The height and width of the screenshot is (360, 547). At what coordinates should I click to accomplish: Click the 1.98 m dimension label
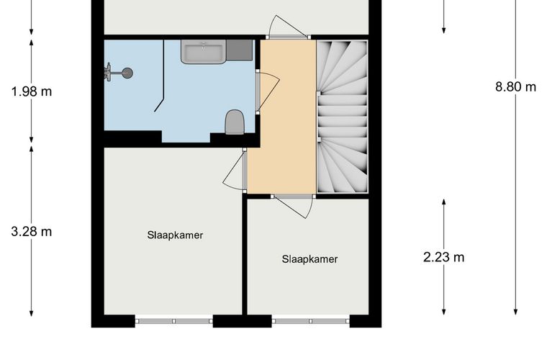[x=32, y=91]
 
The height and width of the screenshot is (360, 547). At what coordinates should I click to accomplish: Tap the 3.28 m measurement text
[x=32, y=232]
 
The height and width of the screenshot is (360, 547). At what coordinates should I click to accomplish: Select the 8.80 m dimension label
[x=515, y=87]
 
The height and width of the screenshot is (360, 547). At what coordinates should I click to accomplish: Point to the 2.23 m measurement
[x=444, y=257]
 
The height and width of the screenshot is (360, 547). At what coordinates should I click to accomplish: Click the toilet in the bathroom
[x=234, y=122]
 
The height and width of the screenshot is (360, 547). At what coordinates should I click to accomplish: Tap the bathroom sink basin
[x=203, y=52]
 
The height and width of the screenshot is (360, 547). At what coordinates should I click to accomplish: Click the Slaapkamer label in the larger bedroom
[x=175, y=235]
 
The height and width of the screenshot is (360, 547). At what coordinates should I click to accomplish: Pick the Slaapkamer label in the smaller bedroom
[x=309, y=259]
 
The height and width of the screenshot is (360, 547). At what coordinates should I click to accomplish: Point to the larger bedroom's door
[x=233, y=171]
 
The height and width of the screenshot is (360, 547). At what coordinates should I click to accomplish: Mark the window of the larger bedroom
[x=173, y=321]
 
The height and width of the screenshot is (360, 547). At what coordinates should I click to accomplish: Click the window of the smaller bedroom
[x=310, y=321]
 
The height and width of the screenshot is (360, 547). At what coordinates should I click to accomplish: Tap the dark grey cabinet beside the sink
[x=240, y=50]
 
